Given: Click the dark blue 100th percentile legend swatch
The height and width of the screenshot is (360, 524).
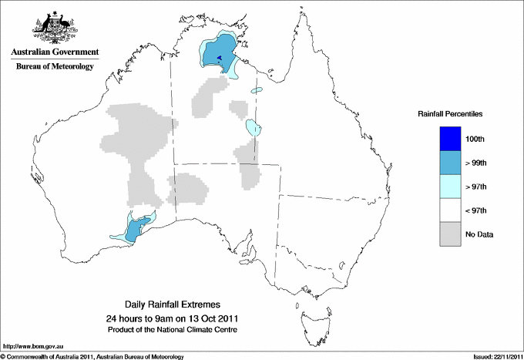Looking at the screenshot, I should click(x=452, y=139).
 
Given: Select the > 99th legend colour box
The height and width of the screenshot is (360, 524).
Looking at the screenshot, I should click(x=452, y=163).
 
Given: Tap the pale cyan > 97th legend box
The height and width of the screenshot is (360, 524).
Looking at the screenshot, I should click(x=452, y=187).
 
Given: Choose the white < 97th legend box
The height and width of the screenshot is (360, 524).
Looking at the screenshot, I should click(x=452, y=210).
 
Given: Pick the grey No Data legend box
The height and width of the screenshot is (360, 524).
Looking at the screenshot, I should click(x=452, y=234).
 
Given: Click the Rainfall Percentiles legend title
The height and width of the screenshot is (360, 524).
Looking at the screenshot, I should click(x=450, y=114).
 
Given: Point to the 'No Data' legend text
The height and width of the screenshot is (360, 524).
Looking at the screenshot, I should click(x=480, y=234).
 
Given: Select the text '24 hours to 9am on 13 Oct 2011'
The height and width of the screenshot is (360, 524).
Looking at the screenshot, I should click(x=172, y=318).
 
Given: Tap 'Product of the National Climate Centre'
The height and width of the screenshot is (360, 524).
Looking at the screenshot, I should click(x=172, y=329).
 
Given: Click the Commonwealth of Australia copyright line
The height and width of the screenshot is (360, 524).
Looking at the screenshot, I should click(x=92, y=356).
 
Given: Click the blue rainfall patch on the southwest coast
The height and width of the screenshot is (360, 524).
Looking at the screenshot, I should click(x=136, y=230).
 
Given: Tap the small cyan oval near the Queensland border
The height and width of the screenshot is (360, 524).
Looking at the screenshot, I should click(x=252, y=127).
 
